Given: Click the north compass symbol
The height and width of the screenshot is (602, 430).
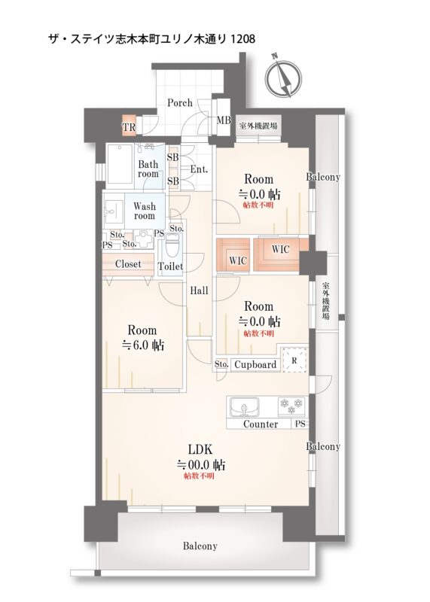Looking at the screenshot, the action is pyautogui.click(x=285, y=78).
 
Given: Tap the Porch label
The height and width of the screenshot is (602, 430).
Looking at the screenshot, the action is pyautogui.click(x=180, y=103).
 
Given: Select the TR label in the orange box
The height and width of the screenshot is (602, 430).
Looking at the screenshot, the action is pyautogui.click(x=129, y=127).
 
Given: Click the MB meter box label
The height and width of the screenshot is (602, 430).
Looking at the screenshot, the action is pyautogui.click(x=224, y=120).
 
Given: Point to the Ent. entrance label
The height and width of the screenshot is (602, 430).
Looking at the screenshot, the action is pyautogui.click(x=199, y=169).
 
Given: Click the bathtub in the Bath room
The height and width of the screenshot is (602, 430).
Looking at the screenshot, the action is pyautogui.click(x=120, y=164).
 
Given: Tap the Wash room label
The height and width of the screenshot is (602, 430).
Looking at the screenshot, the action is pyautogui.click(x=145, y=211).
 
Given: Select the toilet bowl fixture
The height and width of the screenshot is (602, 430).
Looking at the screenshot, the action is pyautogui.click(x=172, y=247).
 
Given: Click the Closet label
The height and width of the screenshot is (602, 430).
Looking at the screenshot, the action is pyautogui.click(x=128, y=264).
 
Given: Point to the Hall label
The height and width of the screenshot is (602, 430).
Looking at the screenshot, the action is pyautogui.click(x=199, y=290).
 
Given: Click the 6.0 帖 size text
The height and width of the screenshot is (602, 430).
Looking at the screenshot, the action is pyautogui.click(x=142, y=345).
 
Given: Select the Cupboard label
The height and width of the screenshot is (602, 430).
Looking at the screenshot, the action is pyautogui.click(x=255, y=365).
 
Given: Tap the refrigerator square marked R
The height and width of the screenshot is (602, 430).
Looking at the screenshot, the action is pyautogui.click(x=294, y=360).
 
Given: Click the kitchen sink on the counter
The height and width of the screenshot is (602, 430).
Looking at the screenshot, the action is pyautogui.click(x=245, y=407).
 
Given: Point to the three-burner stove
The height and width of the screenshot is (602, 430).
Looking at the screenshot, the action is pyautogui.click(x=291, y=406).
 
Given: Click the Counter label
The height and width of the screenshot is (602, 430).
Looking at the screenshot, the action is pyautogui.click(x=261, y=424).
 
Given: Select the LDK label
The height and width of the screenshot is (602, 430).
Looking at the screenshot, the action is pyautogui.click(x=200, y=449).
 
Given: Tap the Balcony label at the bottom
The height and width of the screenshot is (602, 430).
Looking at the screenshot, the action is pyautogui.click(x=200, y=546).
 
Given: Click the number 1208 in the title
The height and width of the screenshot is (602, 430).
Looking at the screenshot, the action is pyautogui.click(x=242, y=39).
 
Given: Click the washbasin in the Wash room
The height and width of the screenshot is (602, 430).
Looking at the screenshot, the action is pyautogui.click(x=114, y=210).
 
